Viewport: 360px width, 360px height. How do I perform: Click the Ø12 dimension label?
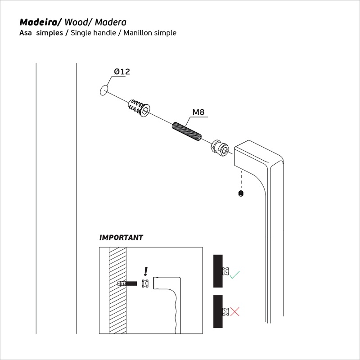coord(121,72)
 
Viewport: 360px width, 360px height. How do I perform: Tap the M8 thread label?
coord(198,112)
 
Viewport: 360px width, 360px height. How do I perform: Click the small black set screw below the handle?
coord(241,194)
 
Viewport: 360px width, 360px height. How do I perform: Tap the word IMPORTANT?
coord(121,237)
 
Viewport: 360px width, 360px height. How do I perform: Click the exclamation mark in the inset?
coord(145,270)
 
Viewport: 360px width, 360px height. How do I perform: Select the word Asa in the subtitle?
coord(26,33)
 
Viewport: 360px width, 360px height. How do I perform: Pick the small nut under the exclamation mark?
coord(145,283)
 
